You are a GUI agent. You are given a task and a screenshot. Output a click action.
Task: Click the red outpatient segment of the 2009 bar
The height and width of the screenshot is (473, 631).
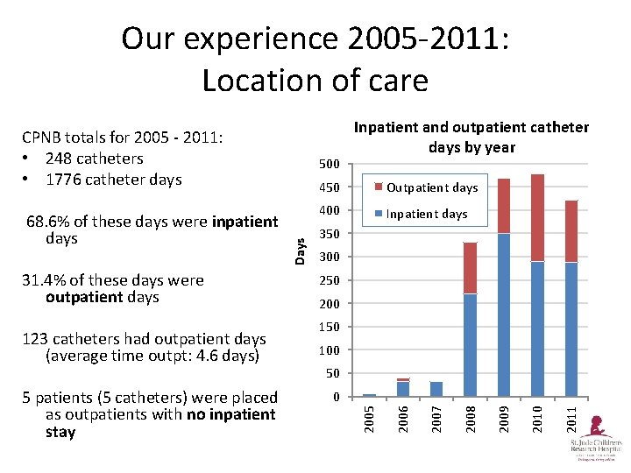coord(504,206)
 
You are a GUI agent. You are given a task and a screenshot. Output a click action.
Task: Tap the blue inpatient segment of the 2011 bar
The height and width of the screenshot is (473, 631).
coord(571,328)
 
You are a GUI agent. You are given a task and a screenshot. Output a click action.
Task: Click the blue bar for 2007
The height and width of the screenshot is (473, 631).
coord(436,389)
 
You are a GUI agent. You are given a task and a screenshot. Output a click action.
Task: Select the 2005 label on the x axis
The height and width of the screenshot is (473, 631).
coord(369,415)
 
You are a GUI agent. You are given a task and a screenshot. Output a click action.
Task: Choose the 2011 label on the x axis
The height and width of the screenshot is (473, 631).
coord(571,415)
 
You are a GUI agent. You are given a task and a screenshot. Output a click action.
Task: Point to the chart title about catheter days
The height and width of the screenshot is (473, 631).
coord(471,138)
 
